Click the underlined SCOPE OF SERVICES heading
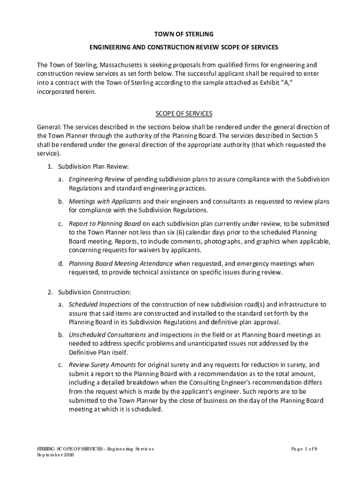tap(183, 114)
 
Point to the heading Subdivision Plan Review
tap(93, 167)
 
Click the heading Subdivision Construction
tap(94, 292)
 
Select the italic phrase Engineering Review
tap(97, 179)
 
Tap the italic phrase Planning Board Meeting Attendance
tap(121, 263)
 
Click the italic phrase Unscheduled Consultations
tap(108, 335)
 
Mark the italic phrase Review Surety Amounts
tap(102, 365)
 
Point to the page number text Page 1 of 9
tap(304, 449)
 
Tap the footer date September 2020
tap(54, 455)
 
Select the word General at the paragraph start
tap(49, 127)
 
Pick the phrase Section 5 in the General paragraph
tap(306, 136)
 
